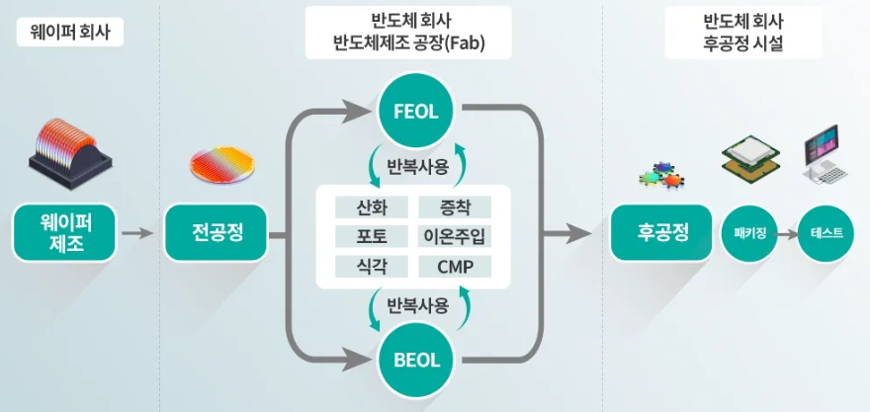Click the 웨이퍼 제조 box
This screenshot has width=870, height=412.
point(61,234)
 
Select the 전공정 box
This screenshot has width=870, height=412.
point(217,234)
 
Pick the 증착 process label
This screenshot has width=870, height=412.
point(455,207)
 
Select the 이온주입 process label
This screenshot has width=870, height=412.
point(455,237)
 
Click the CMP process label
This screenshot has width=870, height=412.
point(455,267)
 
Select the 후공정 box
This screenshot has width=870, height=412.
point(661,234)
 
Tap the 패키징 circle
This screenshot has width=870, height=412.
point(748,234)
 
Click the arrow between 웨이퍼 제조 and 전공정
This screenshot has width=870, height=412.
point(138,234)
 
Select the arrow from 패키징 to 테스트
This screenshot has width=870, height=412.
point(787,234)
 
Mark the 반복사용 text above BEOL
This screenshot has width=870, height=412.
point(418,304)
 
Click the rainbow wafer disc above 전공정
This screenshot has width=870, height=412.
point(220,165)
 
